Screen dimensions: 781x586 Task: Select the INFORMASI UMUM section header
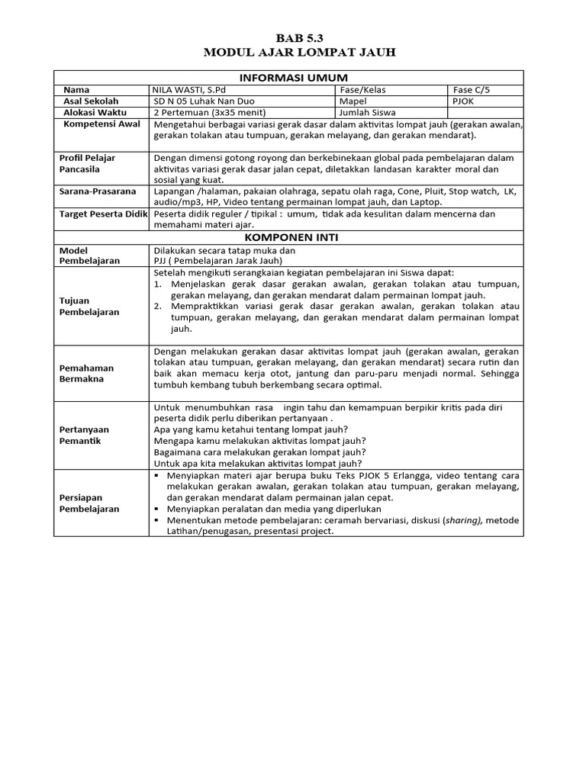[294, 78]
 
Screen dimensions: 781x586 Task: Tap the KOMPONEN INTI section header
[294, 237]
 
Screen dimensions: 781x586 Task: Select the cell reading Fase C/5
[471, 90]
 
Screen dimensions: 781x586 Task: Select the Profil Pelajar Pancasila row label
[88, 163]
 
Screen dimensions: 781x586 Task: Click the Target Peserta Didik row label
[103, 214]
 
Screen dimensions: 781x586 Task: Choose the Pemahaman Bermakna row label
[86, 373]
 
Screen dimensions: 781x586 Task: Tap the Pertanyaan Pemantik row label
[85, 435]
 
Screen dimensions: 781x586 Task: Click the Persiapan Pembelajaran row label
[89, 503]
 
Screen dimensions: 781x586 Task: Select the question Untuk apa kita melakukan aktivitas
[258, 463]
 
